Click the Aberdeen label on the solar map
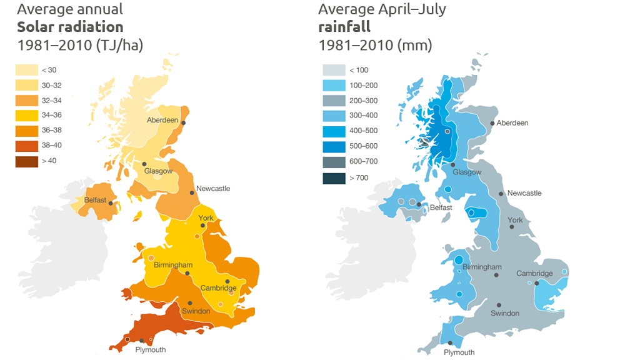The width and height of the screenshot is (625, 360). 162,120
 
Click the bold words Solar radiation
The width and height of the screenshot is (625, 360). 70,27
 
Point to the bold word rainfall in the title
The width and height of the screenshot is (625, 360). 344,27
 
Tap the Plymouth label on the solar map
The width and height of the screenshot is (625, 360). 151,350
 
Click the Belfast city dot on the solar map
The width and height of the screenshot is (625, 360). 111,203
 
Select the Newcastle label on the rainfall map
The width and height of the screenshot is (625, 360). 524,193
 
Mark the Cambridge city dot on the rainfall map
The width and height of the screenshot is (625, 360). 537,282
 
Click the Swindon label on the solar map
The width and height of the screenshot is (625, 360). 196,311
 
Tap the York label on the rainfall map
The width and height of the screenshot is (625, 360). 515,220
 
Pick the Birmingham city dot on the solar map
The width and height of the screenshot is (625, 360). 187,273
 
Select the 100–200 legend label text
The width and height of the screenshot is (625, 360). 363,86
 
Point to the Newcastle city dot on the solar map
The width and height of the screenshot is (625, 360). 192,192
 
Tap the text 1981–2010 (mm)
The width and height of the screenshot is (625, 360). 375,46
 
